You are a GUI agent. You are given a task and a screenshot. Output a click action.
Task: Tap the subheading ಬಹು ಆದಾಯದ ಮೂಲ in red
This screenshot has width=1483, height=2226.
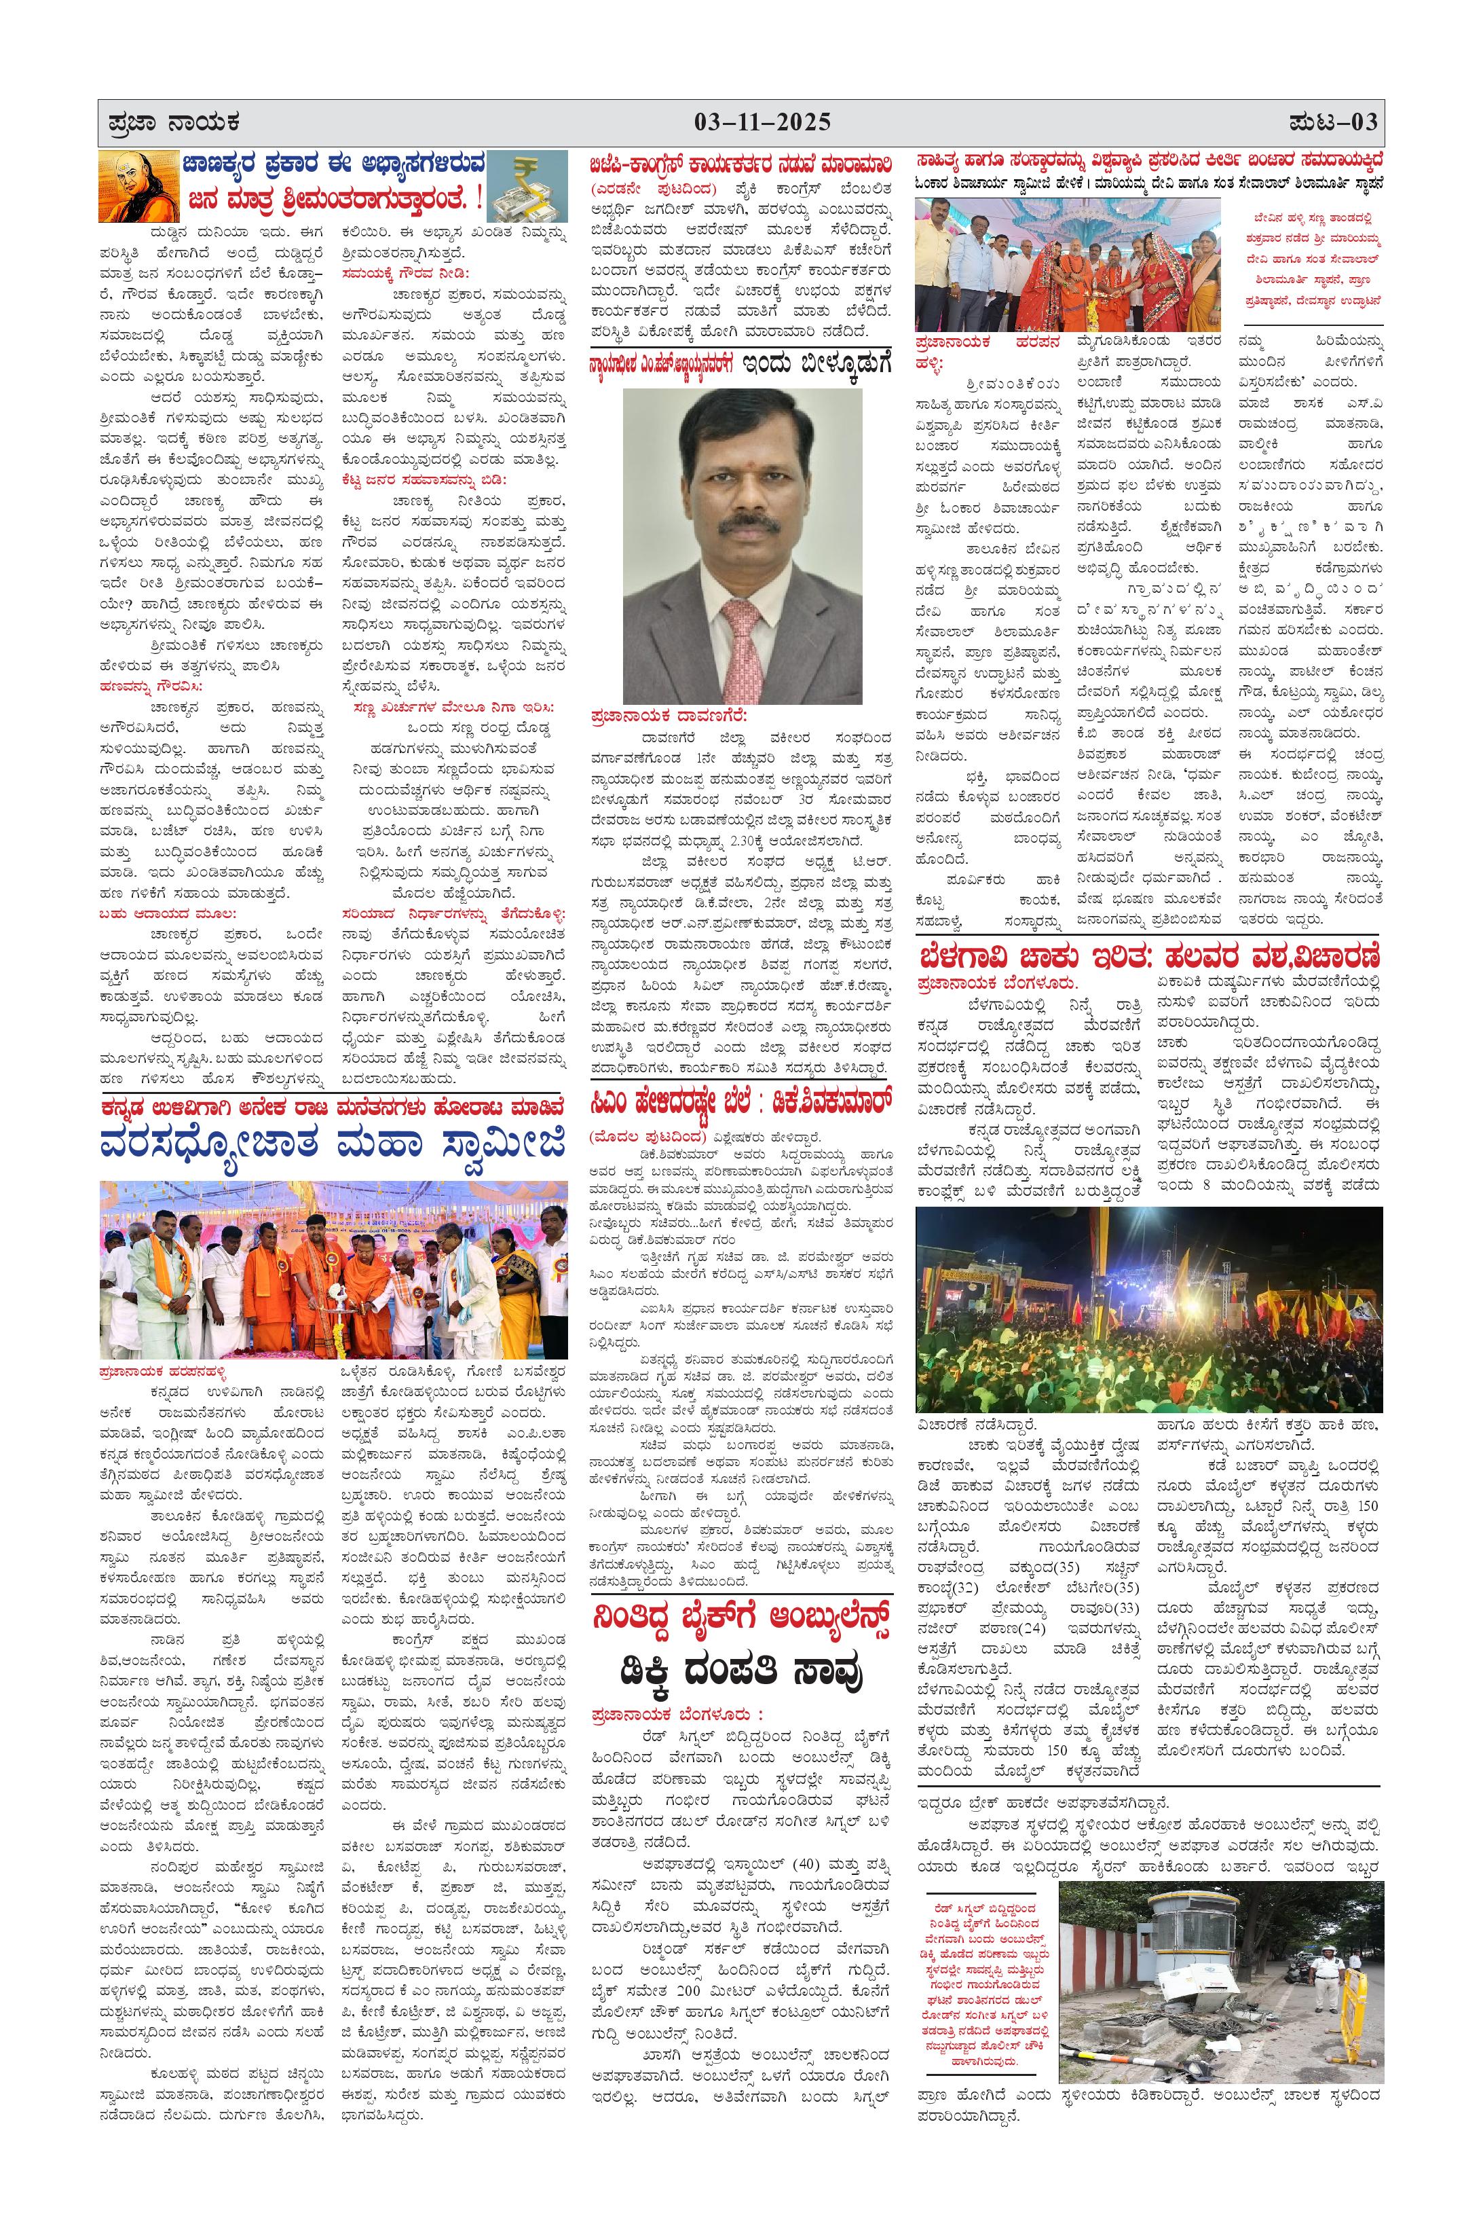[168, 913]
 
